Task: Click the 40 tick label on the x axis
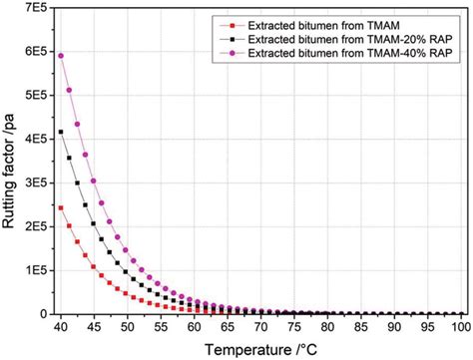tap(60, 327)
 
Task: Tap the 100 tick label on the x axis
tap(459, 327)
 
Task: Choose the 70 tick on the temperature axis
tap(259, 327)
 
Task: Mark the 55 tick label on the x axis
tap(160, 327)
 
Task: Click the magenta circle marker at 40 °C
tap(60, 56)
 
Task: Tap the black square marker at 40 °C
tap(60, 132)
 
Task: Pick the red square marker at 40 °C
tap(60, 207)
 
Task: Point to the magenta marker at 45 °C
tap(94, 180)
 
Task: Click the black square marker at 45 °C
tap(94, 222)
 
